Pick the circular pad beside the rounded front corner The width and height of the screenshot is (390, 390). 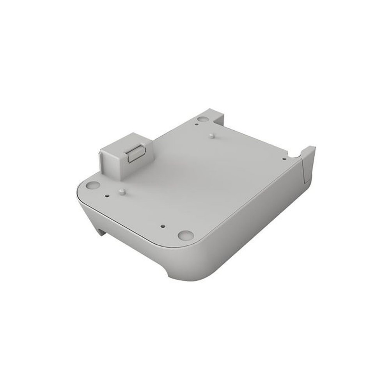coord(186,235)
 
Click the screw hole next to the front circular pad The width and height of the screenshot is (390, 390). coord(161,226)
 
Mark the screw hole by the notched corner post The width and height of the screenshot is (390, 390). coord(284,159)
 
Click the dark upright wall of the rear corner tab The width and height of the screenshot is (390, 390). coord(218,117)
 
